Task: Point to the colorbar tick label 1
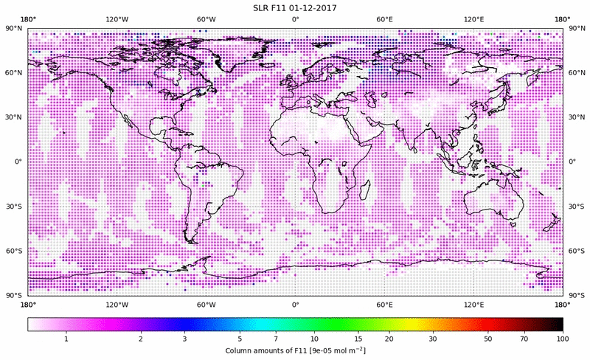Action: [66, 338]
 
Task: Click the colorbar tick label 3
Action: [185, 338]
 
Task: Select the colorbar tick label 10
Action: [315, 338]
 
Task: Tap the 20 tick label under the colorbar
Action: [387, 338]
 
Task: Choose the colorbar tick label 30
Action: [434, 338]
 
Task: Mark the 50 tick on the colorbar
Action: [488, 338]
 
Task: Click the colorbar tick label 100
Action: [563, 338]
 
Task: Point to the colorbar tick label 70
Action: [524, 338]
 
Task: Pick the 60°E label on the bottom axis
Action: [384, 304]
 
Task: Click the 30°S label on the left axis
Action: [14, 207]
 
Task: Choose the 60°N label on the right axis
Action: [576, 73]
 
